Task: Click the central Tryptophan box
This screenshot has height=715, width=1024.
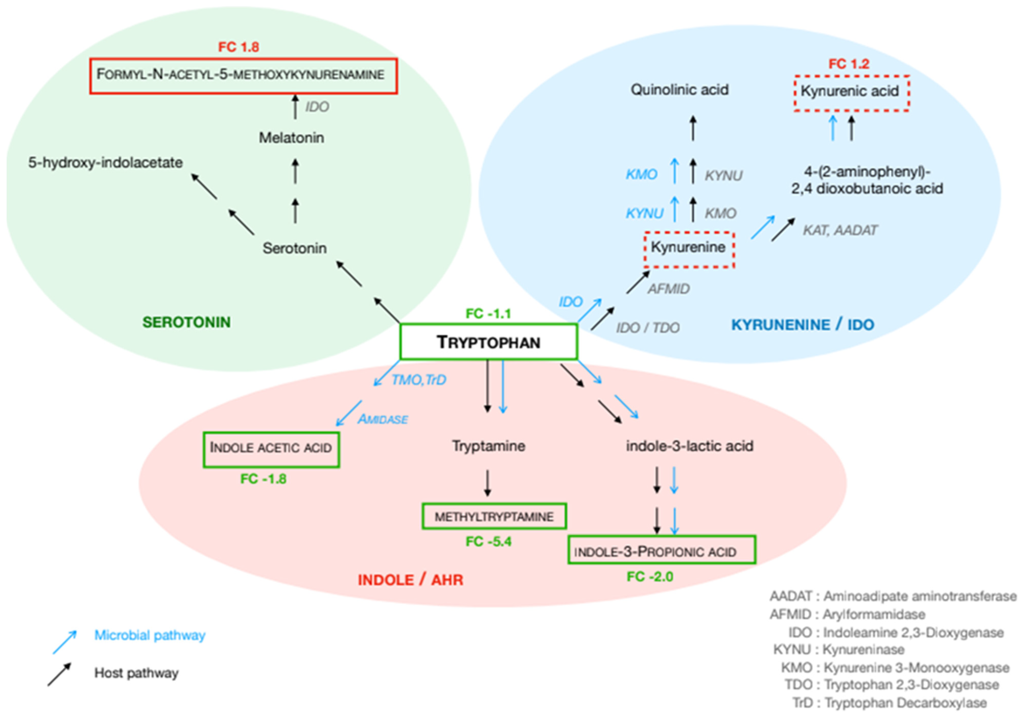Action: click(x=488, y=342)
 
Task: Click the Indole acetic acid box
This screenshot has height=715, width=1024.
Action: click(x=271, y=448)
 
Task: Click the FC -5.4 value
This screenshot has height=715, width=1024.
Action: click(x=488, y=541)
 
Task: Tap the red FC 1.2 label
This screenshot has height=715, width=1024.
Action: click(x=849, y=64)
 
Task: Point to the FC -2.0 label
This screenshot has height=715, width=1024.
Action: click(x=650, y=576)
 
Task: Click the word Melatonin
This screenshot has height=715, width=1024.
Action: click(x=291, y=138)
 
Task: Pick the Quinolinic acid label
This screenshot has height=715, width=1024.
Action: click(x=679, y=90)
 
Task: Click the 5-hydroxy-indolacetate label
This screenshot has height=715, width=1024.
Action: click(x=105, y=163)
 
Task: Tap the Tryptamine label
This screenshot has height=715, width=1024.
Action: click(x=488, y=446)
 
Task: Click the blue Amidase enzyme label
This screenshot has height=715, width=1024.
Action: click(x=383, y=420)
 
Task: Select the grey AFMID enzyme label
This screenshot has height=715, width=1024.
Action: click(x=669, y=289)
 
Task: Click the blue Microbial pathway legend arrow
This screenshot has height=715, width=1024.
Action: click(x=64, y=642)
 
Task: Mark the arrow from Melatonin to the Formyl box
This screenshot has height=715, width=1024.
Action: click(x=295, y=107)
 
